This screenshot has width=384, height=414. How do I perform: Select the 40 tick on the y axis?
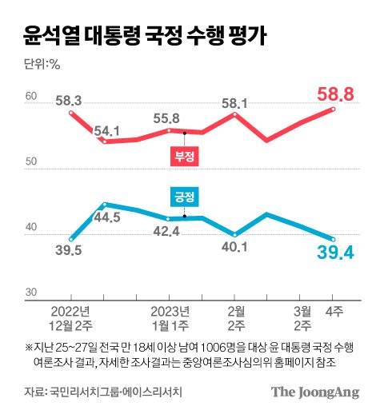[x=31, y=229]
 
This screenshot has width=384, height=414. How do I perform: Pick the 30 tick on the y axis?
[x=31, y=293]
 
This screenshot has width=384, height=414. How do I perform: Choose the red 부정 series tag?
[x=183, y=157]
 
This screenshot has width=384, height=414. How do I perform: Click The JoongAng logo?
[x=314, y=392]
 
